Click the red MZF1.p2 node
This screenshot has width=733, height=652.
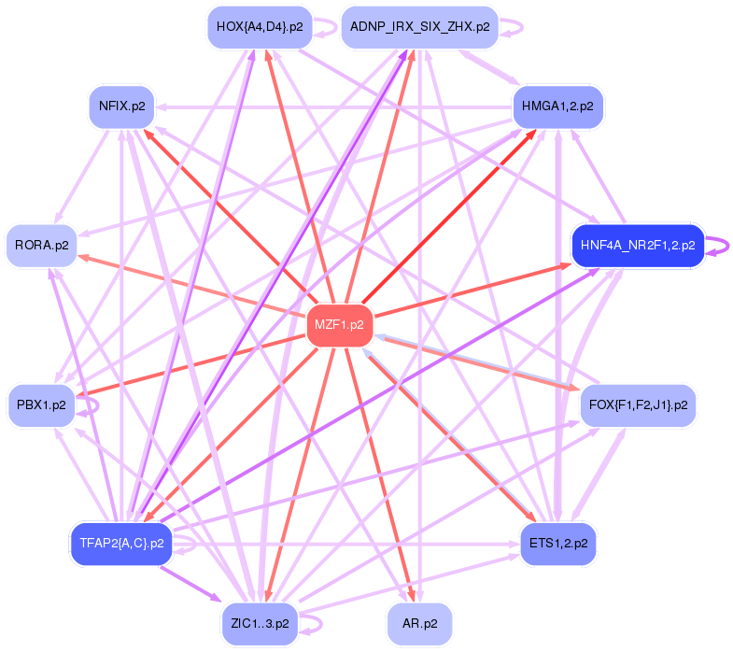340,325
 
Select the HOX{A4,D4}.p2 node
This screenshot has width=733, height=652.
259,27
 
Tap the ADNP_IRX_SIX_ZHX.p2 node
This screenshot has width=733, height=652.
419,27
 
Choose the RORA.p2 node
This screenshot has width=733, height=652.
42,246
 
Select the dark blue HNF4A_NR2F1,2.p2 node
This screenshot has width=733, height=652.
637,246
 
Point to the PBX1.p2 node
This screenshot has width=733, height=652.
42,404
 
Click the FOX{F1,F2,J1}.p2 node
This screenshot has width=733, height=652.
639,404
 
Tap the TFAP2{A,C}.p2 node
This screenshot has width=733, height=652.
121,543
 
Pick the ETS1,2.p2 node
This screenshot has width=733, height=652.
557,543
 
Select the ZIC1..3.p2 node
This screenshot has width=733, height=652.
259,622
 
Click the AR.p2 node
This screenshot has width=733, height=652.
419,622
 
